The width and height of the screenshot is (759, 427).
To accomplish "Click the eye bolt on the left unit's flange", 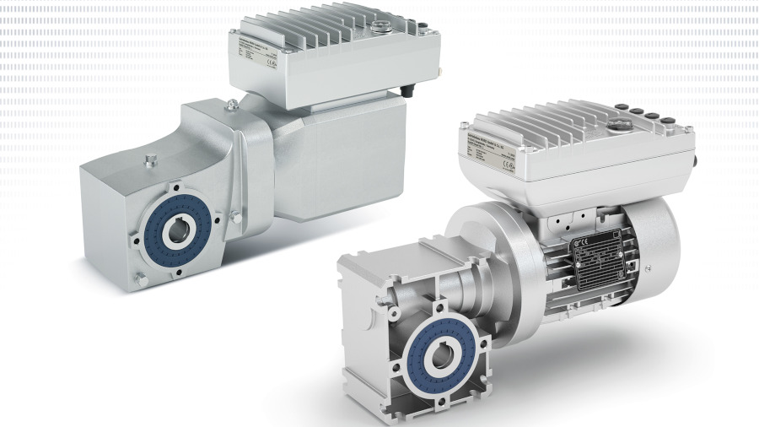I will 231,105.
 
